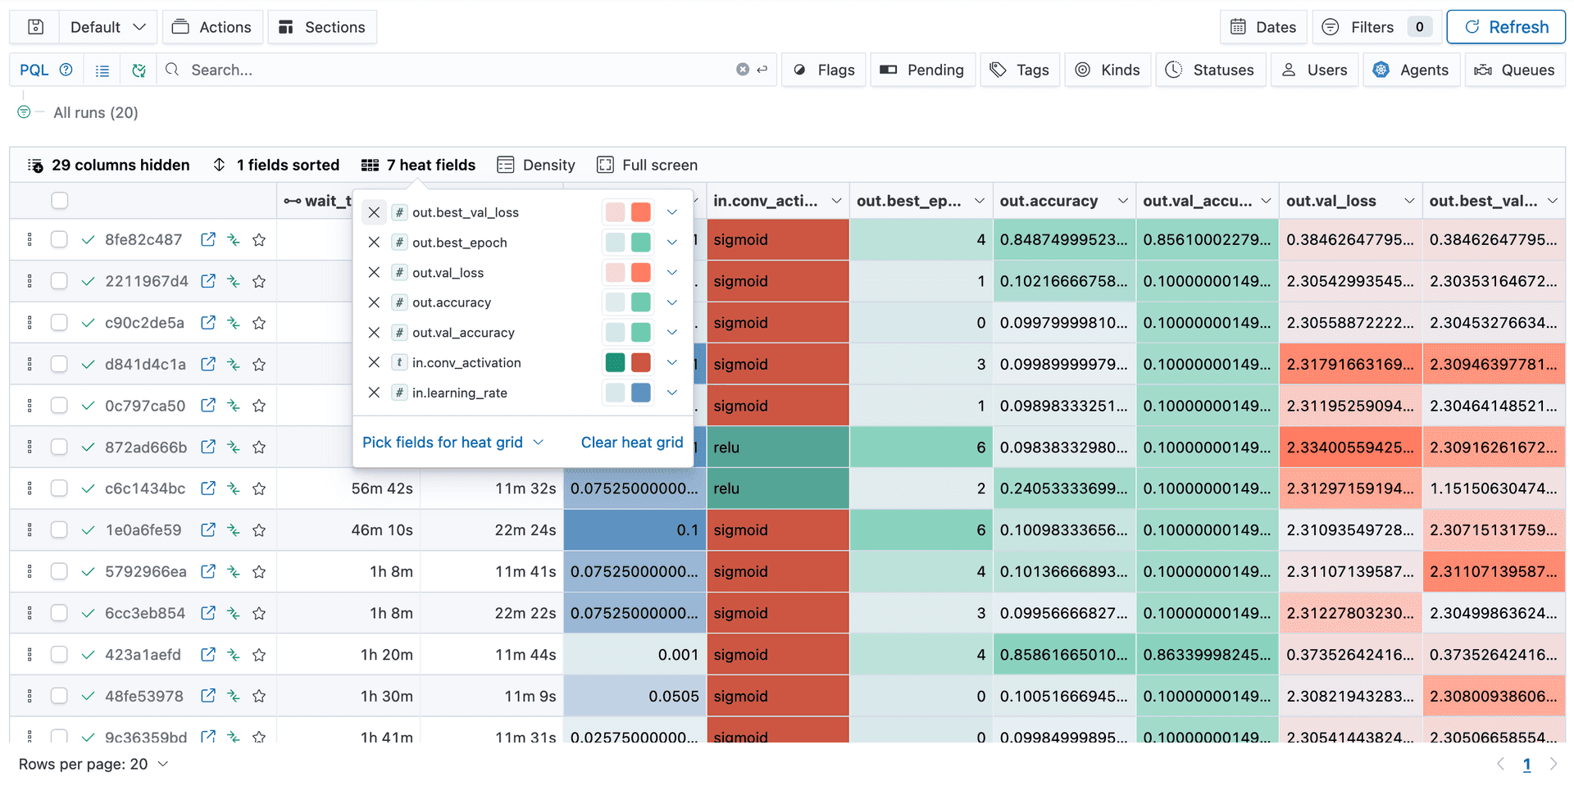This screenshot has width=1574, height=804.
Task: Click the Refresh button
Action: (1506, 27)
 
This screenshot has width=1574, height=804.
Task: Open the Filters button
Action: (1371, 27)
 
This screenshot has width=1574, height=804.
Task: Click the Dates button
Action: (1263, 27)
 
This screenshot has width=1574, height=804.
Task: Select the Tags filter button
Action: (1020, 70)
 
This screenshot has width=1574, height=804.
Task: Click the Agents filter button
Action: (1411, 70)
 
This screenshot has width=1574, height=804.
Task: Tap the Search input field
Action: (459, 70)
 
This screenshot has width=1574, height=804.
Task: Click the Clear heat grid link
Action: (631, 443)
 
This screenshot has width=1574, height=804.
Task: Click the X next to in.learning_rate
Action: (374, 393)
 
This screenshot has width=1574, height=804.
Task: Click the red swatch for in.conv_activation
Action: (641, 362)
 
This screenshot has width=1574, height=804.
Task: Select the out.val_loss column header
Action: (1331, 201)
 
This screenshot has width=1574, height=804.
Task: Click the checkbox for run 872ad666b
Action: (59, 447)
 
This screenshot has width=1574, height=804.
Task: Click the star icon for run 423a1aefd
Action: (259, 655)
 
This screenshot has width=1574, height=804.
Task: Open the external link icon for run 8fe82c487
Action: (208, 239)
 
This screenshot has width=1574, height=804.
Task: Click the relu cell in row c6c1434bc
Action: (776, 488)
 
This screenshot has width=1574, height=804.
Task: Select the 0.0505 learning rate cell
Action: (634, 696)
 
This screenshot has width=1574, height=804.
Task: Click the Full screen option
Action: (648, 165)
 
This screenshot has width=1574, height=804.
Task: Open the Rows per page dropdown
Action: (93, 764)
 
